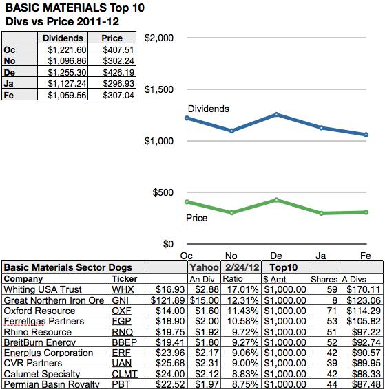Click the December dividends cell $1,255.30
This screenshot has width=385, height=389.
tap(67, 72)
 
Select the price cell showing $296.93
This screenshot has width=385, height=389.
tap(118, 84)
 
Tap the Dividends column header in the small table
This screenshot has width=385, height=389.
tap(63, 38)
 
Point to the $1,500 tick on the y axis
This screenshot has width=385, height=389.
tap(159, 89)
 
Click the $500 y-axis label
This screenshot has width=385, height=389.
tap(163, 192)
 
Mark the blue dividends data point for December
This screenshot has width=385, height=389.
tap(276, 114)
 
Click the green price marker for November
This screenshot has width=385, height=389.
tap(231, 213)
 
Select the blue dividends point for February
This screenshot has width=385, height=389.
tap(366, 135)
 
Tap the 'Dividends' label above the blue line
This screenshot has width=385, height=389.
tap(208, 109)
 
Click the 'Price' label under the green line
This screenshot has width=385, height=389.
tap(196, 218)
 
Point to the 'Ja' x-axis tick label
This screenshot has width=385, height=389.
tap(321, 256)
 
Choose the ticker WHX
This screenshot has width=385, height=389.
tap(123, 289)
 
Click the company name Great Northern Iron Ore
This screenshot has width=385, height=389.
tap(54, 300)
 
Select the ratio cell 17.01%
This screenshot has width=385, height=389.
tap(242, 289)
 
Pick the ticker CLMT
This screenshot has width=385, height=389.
tap(125, 374)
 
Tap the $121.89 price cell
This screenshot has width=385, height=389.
tap(167, 300)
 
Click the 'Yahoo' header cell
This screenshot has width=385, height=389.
tap(204, 267)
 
